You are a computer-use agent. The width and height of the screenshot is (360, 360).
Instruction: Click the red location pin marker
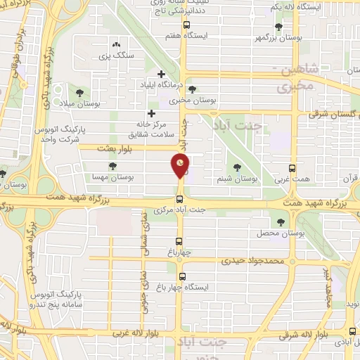(181, 167)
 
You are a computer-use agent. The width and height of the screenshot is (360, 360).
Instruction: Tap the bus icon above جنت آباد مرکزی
(180, 199)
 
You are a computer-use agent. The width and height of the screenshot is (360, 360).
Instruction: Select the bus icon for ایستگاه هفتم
(186, 25)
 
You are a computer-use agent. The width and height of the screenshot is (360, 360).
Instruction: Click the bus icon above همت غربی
(293, 168)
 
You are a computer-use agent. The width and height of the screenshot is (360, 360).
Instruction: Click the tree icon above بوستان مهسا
(113, 166)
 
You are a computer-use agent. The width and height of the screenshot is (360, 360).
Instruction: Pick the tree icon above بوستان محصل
(281, 221)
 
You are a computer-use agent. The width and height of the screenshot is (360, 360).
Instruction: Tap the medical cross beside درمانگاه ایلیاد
(162, 73)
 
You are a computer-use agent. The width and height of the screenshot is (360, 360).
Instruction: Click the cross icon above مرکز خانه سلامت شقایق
(151, 113)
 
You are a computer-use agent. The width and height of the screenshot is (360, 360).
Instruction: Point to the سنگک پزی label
(115, 54)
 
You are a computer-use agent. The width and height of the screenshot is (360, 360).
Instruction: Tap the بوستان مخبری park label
(193, 100)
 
